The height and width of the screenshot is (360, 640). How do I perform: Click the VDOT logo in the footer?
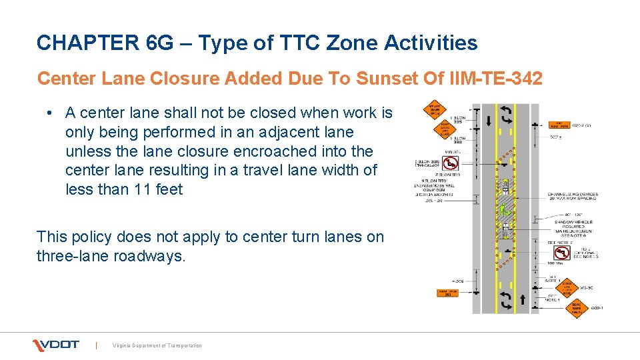[56, 345]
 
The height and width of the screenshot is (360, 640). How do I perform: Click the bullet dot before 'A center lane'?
[51, 113]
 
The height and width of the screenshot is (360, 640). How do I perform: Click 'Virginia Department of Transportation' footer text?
[157, 345]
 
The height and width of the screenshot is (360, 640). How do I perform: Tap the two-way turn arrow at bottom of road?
[505, 301]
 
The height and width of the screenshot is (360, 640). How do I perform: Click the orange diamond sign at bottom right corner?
[577, 307]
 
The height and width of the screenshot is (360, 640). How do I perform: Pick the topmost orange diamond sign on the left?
[433, 111]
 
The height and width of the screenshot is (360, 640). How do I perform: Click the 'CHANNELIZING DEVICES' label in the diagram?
[573, 195]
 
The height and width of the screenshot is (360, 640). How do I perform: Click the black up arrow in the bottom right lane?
[522, 301]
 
